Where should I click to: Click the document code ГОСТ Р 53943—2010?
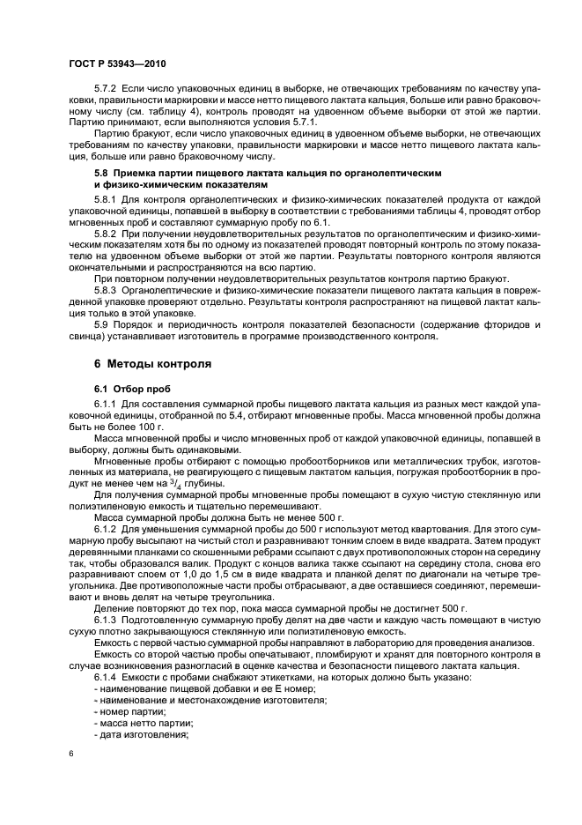pyautogui.click(x=116, y=65)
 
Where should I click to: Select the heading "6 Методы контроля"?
pyautogui.click(x=151, y=364)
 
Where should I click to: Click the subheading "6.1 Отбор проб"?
pyautogui.click(x=129, y=389)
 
